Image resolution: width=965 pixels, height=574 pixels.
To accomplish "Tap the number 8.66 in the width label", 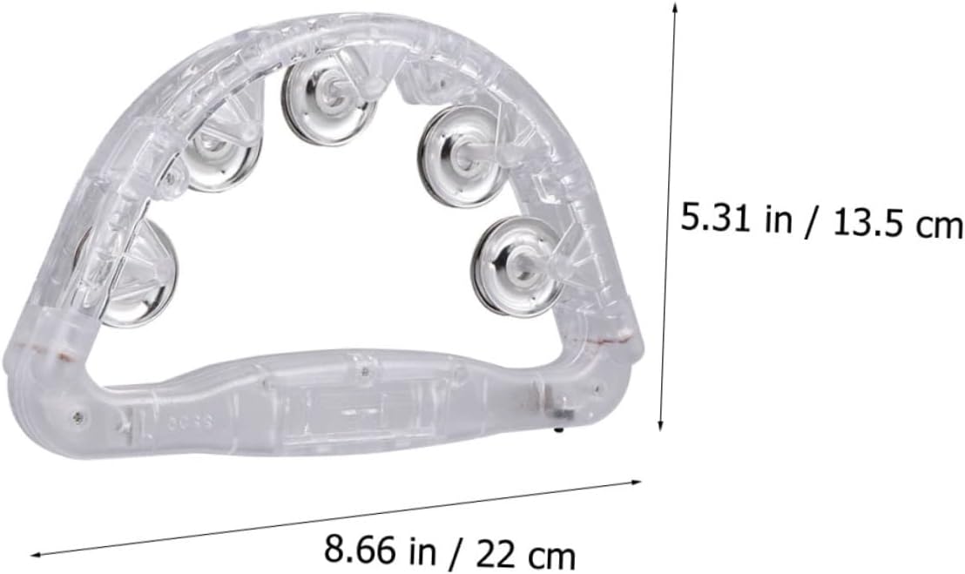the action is coord(361,550).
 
